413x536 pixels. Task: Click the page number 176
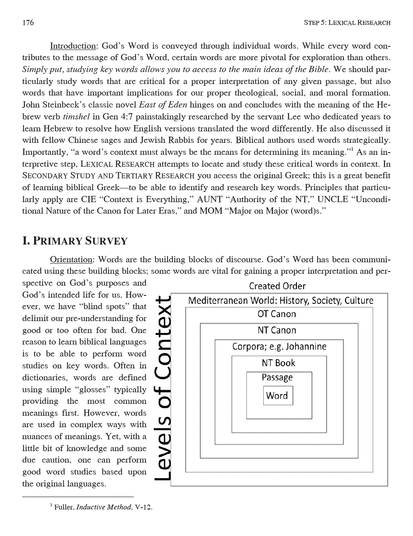tap(28, 23)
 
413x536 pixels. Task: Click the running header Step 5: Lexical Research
tap(347, 23)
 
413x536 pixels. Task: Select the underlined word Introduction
tap(73, 46)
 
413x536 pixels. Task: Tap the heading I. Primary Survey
tap(75, 241)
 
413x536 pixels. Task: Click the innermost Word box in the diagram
tap(277, 396)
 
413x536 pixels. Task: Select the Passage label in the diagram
tap(277, 378)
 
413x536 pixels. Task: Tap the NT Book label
tap(278, 363)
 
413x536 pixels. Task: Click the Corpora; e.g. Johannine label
tap(279, 346)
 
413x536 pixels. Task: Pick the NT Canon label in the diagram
tap(277, 330)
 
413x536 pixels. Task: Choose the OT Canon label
tap(277, 314)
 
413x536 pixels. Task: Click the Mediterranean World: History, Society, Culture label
tap(281, 301)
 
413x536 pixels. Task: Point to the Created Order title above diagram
tap(277, 286)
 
